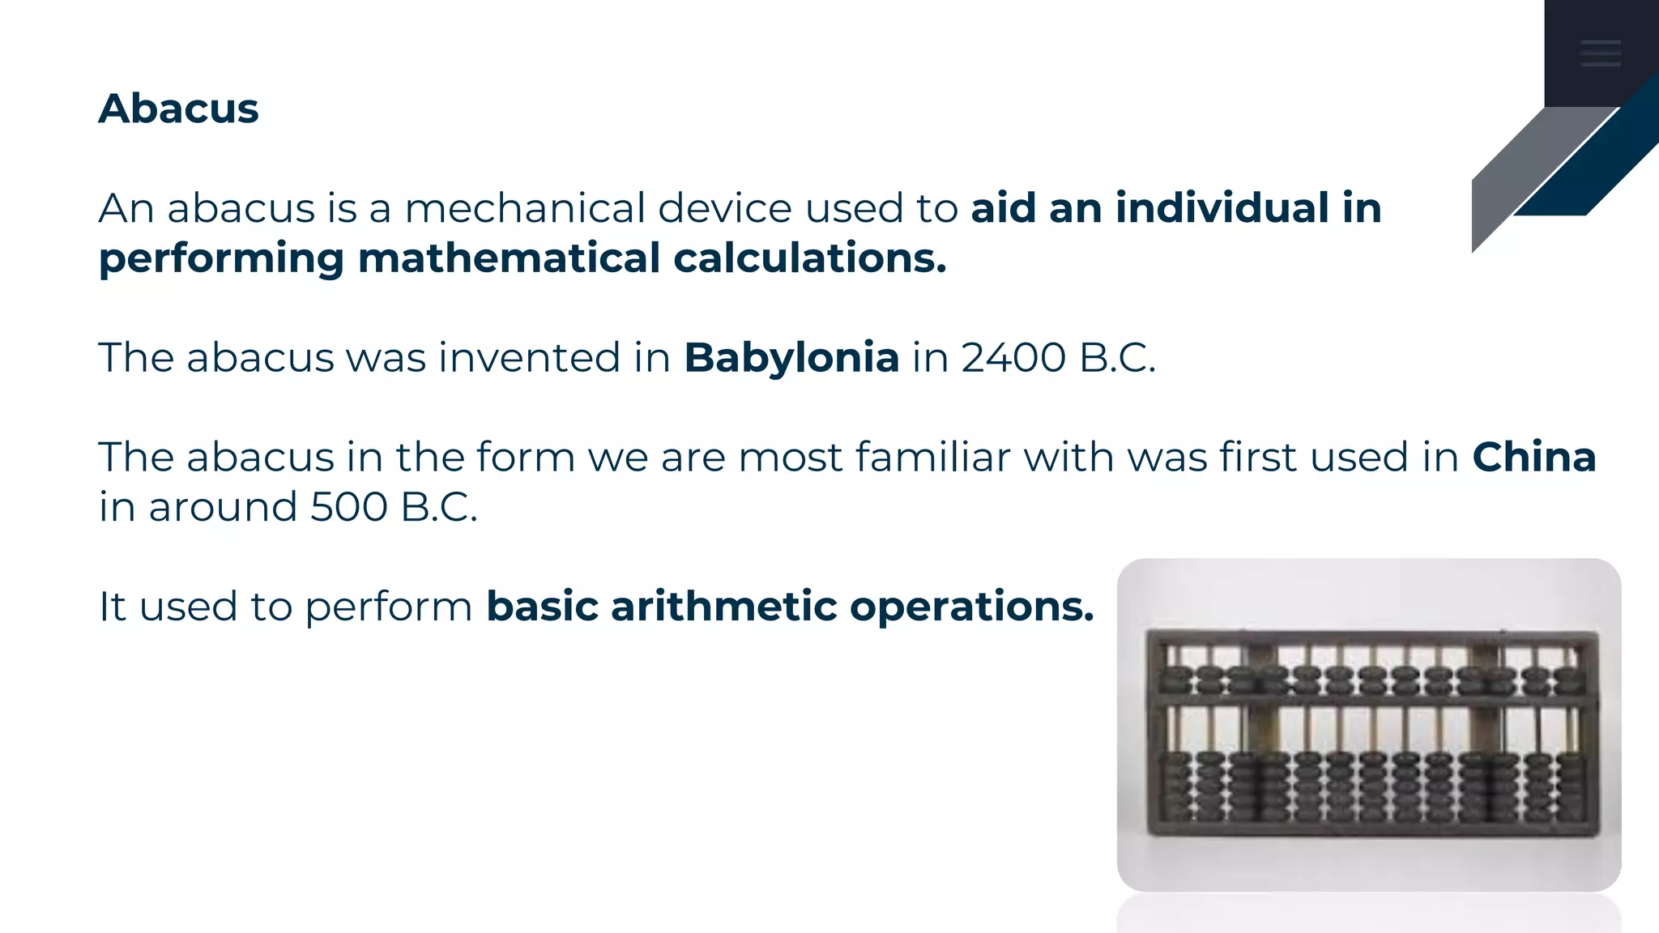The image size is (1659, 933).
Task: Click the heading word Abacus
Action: (x=178, y=109)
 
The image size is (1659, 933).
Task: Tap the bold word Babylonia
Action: (x=791, y=358)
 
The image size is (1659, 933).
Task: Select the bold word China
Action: (x=1533, y=458)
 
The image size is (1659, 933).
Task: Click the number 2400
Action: (x=1013, y=358)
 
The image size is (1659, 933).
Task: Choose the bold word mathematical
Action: (x=509, y=258)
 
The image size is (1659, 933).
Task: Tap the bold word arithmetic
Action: (x=723, y=607)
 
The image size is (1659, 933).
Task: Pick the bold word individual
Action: (x=1222, y=208)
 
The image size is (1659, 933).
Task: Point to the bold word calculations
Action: (x=809, y=258)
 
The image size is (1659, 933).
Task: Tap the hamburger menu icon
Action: (x=1601, y=53)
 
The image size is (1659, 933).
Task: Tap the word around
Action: (x=223, y=508)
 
